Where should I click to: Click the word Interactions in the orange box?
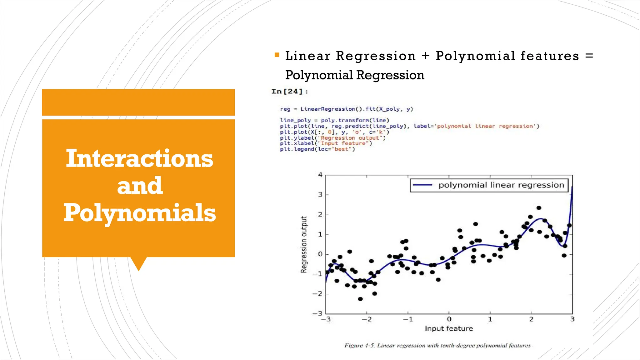(139, 158)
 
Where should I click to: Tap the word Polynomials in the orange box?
(139, 213)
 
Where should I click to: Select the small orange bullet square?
(277, 55)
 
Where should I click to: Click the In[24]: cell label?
(289, 92)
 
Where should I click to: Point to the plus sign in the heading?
(425, 56)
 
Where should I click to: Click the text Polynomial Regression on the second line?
(354, 75)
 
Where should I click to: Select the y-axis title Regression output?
(304, 244)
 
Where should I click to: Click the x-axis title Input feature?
(448, 328)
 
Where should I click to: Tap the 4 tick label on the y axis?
(320, 175)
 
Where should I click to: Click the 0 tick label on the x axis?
(449, 319)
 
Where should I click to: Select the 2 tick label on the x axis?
(531, 319)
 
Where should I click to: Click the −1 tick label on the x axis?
(407, 319)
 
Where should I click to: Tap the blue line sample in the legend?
(422, 185)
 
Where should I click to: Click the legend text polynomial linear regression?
(501, 185)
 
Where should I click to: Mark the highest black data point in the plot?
(539, 208)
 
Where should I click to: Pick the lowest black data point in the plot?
(360, 299)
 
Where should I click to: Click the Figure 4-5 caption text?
(437, 346)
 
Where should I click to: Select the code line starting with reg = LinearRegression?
(346, 109)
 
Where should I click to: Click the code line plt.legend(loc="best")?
(317, 149)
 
